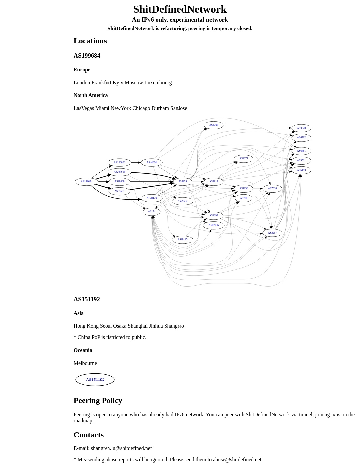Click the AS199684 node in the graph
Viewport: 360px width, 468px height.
86,182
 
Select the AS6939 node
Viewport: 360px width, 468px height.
182,182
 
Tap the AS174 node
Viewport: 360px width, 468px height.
152,212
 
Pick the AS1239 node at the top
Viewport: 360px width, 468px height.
213,125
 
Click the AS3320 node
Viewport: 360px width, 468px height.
301,128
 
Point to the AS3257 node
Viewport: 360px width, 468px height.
272,233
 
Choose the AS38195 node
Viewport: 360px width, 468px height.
182,240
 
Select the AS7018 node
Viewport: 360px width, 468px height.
272,189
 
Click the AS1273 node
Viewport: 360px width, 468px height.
244,159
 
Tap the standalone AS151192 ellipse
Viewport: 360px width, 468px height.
95,380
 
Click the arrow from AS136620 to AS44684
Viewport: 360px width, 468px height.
136,163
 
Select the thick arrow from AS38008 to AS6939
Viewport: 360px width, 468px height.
152,182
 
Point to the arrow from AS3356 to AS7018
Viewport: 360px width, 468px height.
258,189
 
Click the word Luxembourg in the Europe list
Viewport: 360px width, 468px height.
158,83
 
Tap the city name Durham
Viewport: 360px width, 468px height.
160,108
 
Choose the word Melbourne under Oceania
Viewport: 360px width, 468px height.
85,363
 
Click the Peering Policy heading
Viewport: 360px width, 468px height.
98,400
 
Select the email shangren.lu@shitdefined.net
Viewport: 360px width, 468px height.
121,448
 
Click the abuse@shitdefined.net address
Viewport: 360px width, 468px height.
237,459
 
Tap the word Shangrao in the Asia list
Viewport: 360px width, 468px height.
174,326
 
